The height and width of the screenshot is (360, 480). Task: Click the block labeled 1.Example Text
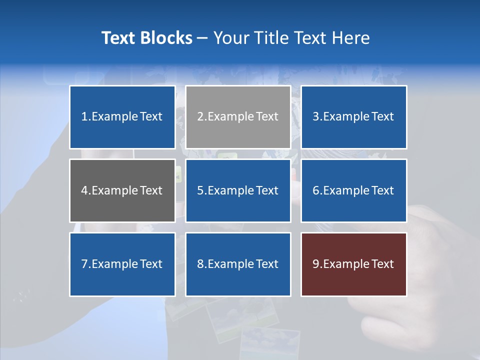pos(122,117)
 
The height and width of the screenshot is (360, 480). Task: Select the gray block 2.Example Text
pos(238,117)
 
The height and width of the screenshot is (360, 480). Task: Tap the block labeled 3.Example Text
pos(353,117)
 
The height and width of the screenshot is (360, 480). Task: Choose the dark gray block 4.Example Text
pos(122,190)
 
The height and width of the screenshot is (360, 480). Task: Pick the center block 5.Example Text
pos(238,190)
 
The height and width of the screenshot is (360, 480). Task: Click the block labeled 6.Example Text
pos(353,190)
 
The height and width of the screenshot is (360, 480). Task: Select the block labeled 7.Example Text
pos(122,264)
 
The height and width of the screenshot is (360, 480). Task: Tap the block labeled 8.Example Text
pos(238,264)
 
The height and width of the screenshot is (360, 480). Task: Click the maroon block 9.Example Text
pos(353,264)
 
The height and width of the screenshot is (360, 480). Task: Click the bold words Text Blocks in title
pos(146,38)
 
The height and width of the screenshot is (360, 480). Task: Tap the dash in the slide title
pos(202,38)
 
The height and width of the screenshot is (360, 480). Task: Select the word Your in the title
pos(231,38)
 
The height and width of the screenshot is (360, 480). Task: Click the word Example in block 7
pos(114,264)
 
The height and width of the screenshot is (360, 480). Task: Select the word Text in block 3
pos(383,117)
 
